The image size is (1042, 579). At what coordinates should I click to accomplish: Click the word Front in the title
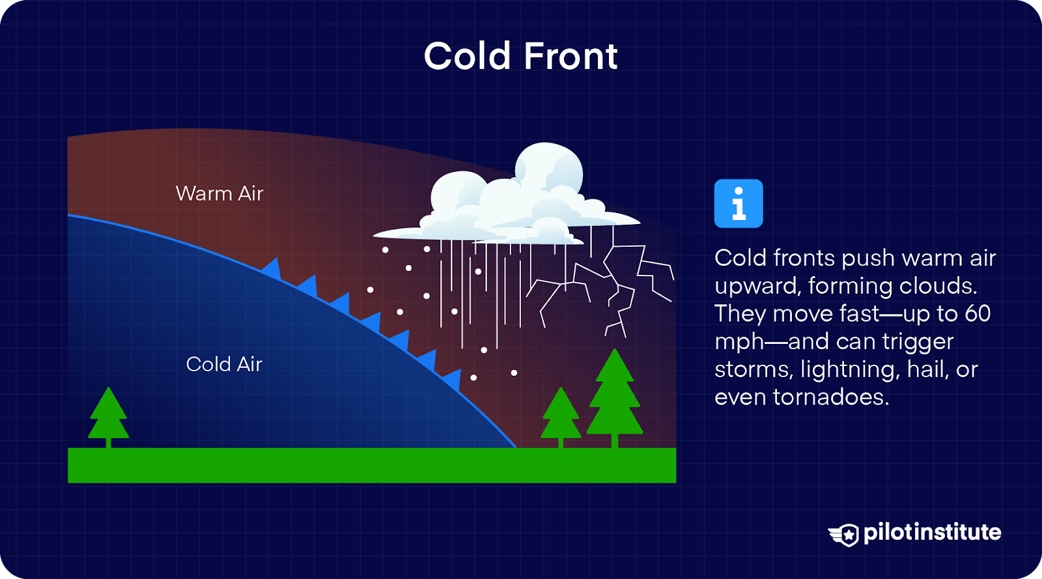click(570, 56)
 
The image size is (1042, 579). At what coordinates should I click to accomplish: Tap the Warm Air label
click(219, 193)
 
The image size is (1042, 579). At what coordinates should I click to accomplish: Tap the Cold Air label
click(224, 364)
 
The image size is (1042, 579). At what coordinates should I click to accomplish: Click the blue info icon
click(738, 203)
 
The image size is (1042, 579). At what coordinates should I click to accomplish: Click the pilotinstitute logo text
click(932, 532)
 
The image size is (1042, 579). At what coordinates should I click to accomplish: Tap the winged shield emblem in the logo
click(844, 535)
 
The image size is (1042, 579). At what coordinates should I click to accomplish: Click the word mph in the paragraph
click(739, 342)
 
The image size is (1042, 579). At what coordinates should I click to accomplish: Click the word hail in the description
click(928, 369)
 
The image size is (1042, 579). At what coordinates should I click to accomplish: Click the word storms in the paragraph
click(752, 369)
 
